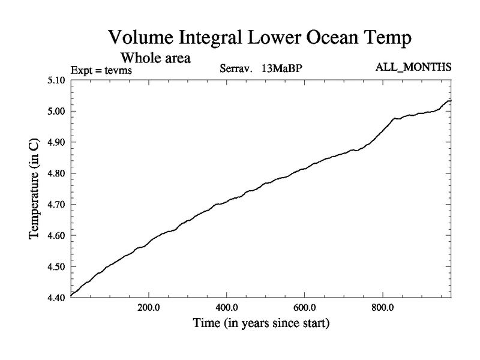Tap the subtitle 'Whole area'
coord(156,58)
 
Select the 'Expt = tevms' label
coord(101,70)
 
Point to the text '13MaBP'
coord(281,68)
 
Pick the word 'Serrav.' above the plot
coord(238,68)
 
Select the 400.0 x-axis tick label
coord(227,308)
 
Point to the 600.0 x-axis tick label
coord(305,308)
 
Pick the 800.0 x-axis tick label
coord(383,308)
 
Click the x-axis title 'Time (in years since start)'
coord(262,324)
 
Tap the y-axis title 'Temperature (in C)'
coord(34,189)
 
